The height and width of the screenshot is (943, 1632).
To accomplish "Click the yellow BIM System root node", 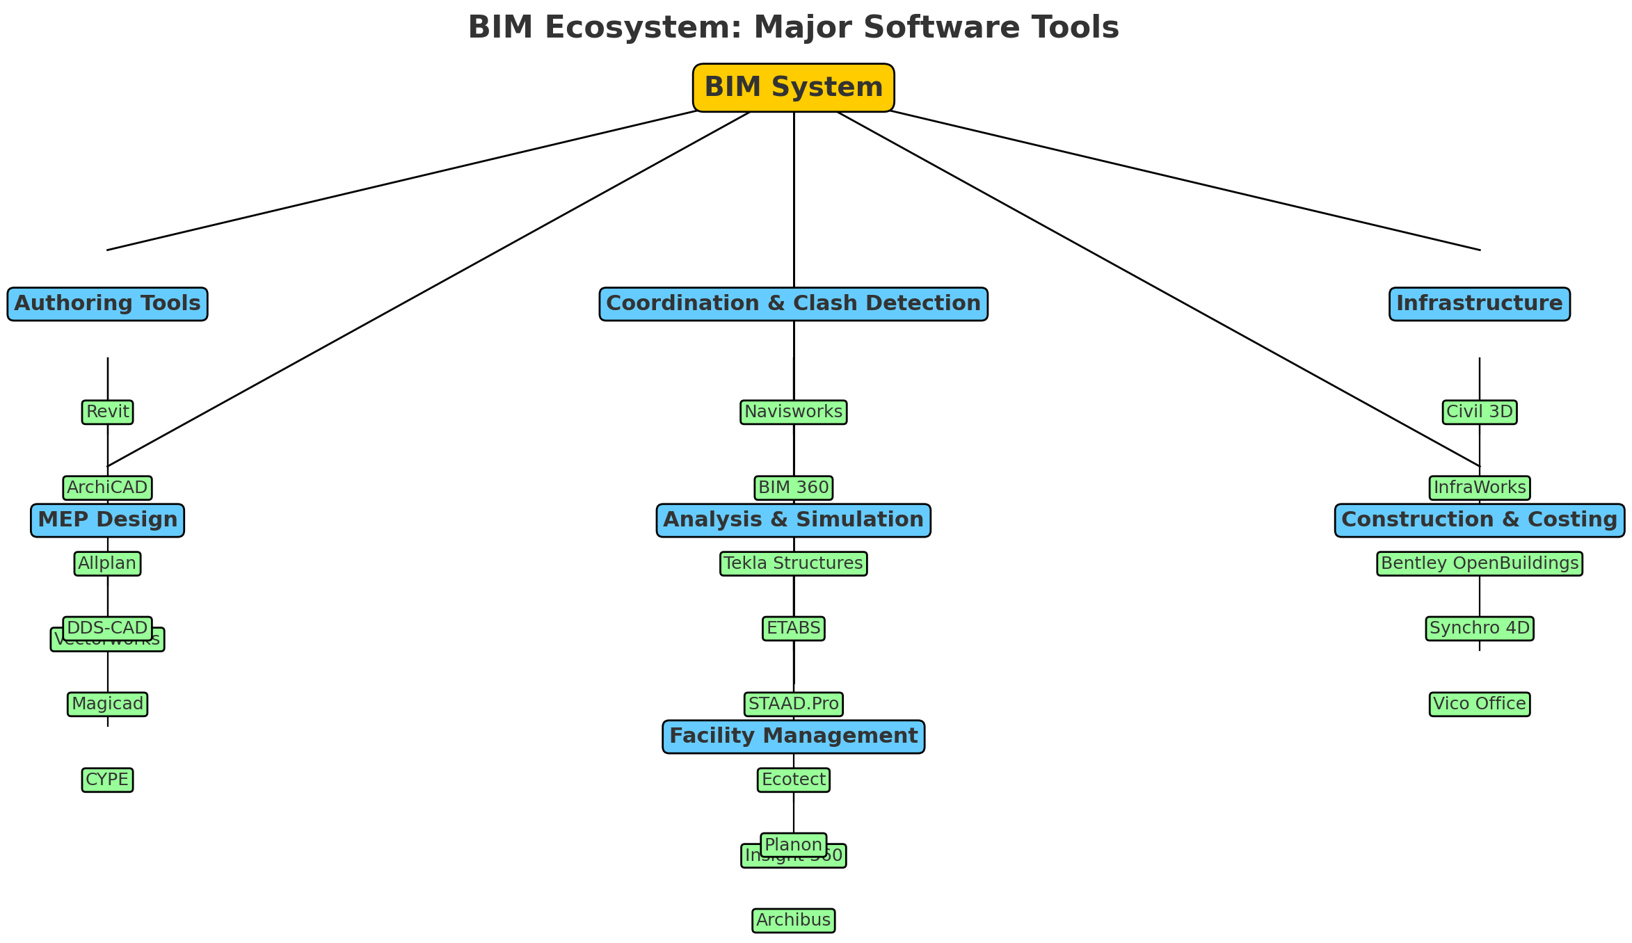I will (x=793, y=88).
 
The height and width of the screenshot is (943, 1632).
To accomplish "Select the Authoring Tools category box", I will (x=107, y=304).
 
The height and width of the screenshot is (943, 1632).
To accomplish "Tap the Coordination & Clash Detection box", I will (x=793, y=304).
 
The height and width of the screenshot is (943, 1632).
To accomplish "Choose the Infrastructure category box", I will (x=1479, y=304).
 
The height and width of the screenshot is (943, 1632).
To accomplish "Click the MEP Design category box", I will (x=107, y=520).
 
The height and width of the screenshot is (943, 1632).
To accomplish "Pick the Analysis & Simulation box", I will (x=793, y=520).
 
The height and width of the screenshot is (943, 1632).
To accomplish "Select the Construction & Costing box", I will (x=1479, y=520).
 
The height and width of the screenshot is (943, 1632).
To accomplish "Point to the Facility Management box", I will (x=793, y=736).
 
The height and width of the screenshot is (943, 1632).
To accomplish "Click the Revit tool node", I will (x=107, y=412).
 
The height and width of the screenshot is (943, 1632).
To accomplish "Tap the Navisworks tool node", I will (x=793, y=412).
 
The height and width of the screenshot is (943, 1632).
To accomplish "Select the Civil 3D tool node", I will (x=1479, y=412).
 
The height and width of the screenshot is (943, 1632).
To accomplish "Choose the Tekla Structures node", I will (x=793, y=563).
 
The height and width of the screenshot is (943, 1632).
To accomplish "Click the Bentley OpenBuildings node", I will (x=1479, y=563).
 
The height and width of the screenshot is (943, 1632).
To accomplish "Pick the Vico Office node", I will (x=1479, y=704).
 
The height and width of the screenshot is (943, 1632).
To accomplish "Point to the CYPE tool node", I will (x=107, y=780).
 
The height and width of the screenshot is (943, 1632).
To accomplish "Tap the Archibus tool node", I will (x=793, y=921).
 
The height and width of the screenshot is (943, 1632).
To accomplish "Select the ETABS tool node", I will (x=793, y=629).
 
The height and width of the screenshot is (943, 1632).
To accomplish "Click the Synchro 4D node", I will (x=1479, y=629).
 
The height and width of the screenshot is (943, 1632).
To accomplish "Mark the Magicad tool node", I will (x=107, y=704).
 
